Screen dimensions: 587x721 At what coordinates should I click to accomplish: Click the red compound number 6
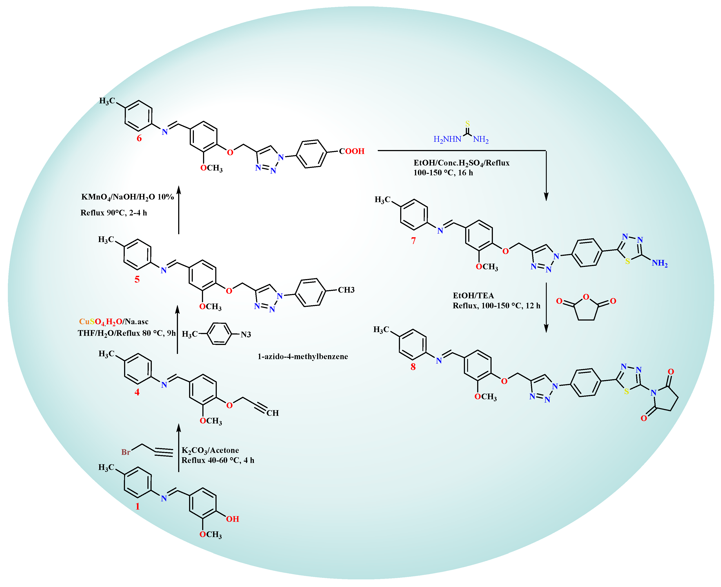coord(139,138)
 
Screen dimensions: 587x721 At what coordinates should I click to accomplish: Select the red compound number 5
coord(137,279)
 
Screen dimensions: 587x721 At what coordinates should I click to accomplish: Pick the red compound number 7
coord(413,241)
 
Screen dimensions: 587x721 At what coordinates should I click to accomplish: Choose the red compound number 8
coord(413,367)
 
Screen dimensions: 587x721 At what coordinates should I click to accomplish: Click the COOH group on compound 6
coord(352,151)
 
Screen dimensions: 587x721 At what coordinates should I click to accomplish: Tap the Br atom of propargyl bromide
coord(126,452)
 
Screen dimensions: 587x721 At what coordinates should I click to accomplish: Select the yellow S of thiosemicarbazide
coord(467,124)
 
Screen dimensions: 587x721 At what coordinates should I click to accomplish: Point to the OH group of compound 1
coord(233,519)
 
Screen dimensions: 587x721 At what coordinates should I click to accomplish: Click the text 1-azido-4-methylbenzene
coord(303,356)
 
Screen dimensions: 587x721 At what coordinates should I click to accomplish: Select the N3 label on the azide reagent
coord(246,334)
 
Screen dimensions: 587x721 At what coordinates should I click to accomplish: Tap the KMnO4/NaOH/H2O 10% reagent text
coord(128,197)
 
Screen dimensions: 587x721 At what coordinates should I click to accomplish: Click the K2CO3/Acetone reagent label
coord(210,450)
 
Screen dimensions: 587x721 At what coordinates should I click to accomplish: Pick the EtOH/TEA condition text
coord(473,295)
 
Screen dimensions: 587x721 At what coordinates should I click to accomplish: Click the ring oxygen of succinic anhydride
coord(586,297)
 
